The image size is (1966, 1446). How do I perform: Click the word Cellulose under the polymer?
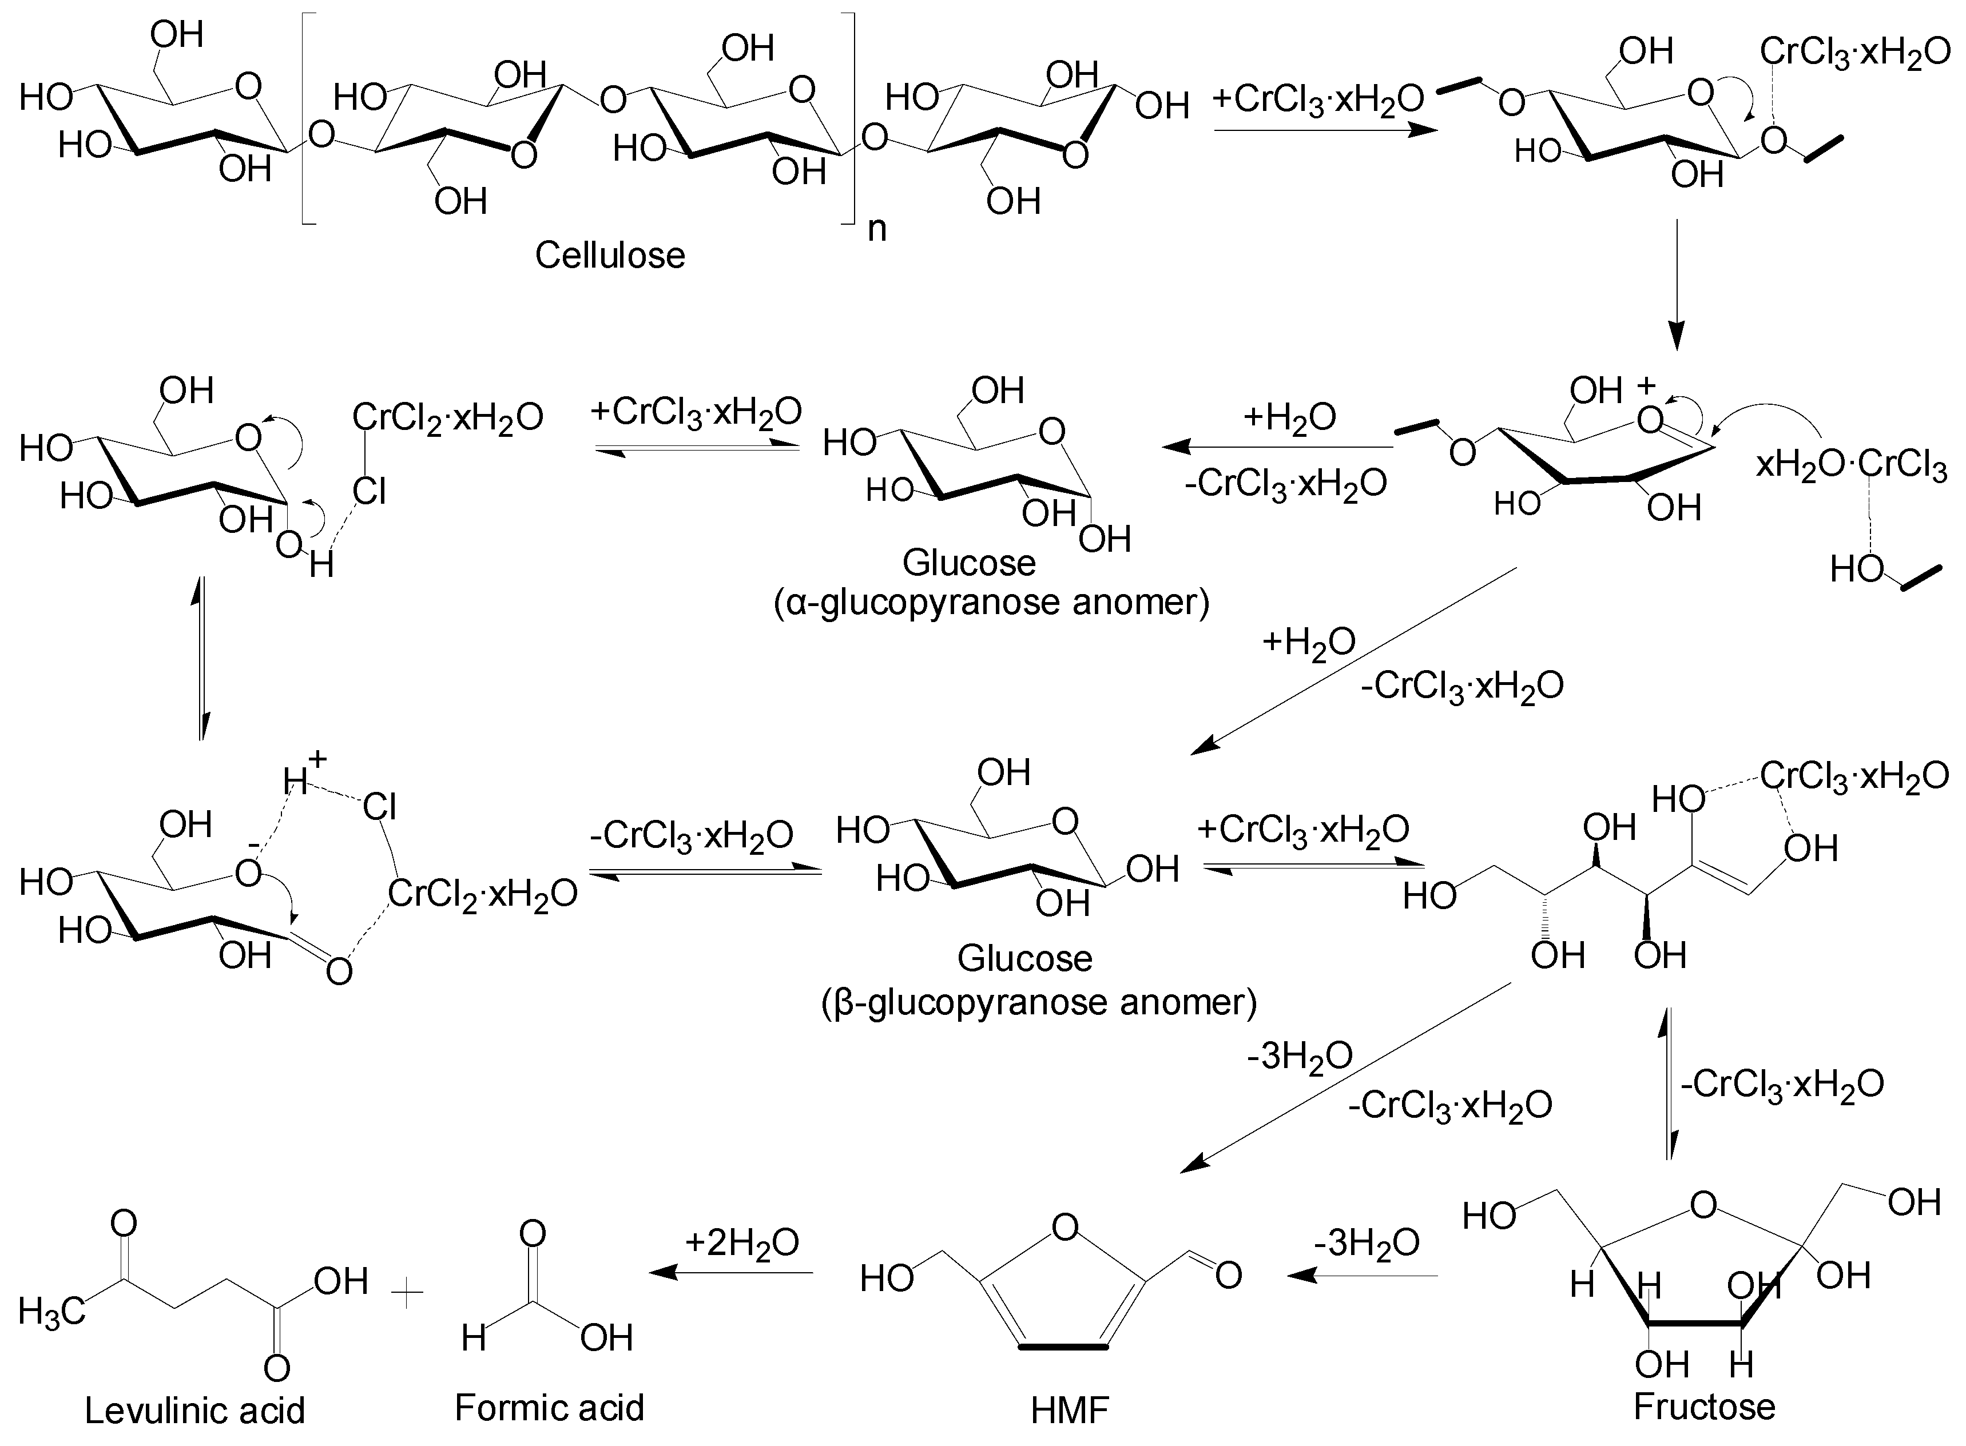tap(610, 256)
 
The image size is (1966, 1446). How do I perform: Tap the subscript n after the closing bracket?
tap(876, 229)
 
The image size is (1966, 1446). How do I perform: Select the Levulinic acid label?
tap(194, 1409)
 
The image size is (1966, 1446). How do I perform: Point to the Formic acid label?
tap(549, 1407)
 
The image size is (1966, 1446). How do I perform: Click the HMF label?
tap(1069, 1409)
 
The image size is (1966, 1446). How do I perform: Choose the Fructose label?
tap(1704, 1407)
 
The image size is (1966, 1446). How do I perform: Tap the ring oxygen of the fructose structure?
tap(1703, 1206)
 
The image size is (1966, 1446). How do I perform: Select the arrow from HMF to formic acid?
tap(731, 1273)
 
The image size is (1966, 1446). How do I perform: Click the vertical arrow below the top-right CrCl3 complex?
tap(1675, 285)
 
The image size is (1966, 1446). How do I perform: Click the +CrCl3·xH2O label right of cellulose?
tap(1318, 100)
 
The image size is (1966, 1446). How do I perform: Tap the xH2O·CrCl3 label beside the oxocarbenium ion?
tap(1851, 465)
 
